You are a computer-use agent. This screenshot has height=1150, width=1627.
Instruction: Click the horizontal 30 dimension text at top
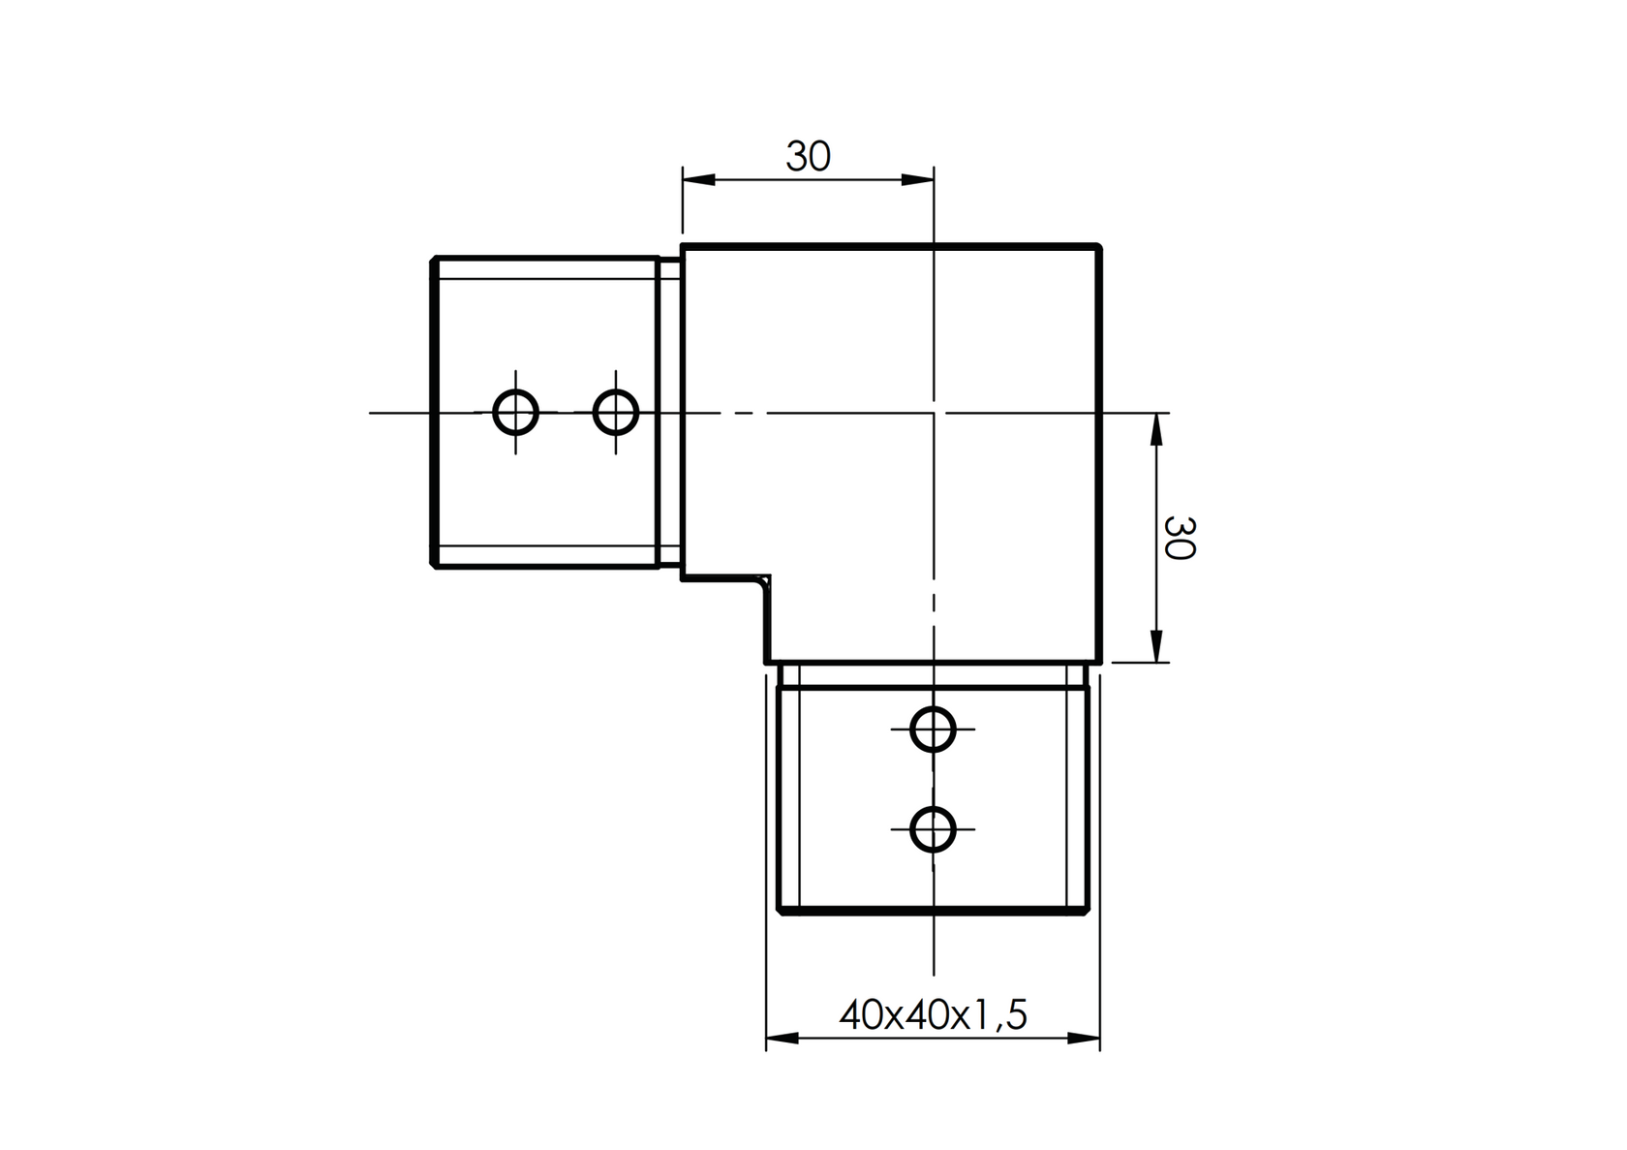click(x=808, y=156)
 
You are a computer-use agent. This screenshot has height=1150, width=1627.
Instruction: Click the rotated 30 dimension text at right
click(x=1179, y=538)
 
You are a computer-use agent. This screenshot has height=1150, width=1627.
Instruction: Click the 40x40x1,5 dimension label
click(x=933, y=1014)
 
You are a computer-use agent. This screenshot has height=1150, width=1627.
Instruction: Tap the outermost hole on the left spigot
click(x=515, y=413)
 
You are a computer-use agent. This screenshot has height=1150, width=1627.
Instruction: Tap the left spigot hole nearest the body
click(x=615, y=413)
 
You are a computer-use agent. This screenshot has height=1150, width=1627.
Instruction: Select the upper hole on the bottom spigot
click(x=933, y=729)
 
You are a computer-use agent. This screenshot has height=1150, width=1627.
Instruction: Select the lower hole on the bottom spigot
click(x=933, y=829)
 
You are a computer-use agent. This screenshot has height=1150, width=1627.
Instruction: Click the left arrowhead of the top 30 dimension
click(x=697, y=179)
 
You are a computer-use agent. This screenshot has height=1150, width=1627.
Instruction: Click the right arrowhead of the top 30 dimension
click(x=917, y=179)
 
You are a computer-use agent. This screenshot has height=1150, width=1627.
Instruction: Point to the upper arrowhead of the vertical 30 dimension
click(x=1154, y=429)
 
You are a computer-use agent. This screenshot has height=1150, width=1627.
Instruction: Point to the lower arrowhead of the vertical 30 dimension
click(x=1154, y=646)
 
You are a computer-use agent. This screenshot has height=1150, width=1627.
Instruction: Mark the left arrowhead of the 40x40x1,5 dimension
click(x=782, y=1039)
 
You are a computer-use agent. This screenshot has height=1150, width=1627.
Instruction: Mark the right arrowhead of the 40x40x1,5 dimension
click(x=1085, y=1039)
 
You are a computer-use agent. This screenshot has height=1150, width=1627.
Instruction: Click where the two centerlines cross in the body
click(x=933, y=413)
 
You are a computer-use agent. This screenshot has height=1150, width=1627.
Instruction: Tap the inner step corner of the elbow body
click(x=768, y=579)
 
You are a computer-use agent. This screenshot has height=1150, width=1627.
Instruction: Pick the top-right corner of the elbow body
click(x=1099, y=247)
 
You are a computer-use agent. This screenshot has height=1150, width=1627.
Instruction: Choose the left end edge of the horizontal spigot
click(x=433, y=413)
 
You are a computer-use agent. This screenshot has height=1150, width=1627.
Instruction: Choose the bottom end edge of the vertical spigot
click(x=933, y=910)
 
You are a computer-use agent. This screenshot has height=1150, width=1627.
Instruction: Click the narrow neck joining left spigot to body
click(x=669, y=413)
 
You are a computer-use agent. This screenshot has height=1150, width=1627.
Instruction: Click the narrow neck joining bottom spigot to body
click(x=933, y=675)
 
